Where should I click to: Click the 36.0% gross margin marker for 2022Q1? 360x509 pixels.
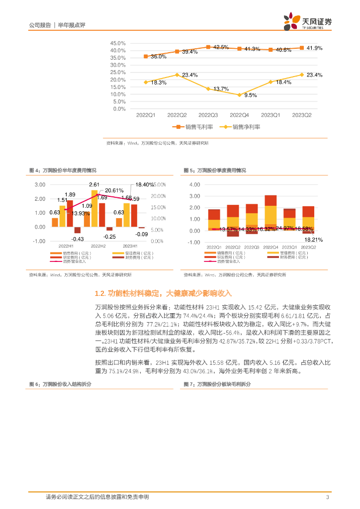click(x=146, y=56)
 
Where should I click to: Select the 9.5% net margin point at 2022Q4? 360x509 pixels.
click(x=239, y=95)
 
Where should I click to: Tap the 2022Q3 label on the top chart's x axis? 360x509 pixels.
click(x=208, y=115)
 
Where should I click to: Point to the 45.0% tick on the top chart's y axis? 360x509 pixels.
click(x=118, y=43)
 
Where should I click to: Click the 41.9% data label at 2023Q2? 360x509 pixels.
click(x=315, y=48)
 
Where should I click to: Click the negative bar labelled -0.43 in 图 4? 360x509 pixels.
click(x=78, y=230)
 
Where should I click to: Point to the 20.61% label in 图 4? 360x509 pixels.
click(x=114, y=190)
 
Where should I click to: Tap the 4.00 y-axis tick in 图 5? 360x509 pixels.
click(x=194, y=184)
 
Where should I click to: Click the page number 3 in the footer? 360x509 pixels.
click(x=327, y=497)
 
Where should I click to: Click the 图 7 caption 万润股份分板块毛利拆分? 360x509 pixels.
click(x=217, y=370)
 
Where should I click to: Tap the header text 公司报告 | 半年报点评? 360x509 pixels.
click(x=54, y=25)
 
